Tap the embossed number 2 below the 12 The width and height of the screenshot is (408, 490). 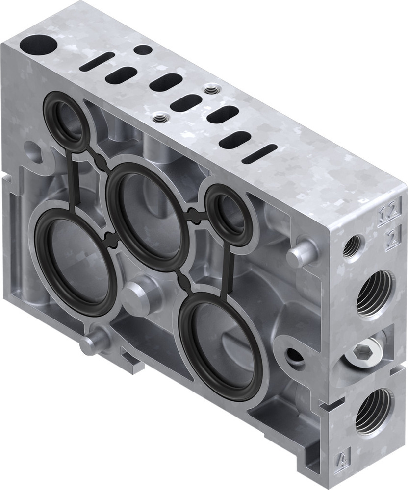[391, 239]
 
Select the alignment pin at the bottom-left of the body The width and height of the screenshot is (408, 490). [93, 342]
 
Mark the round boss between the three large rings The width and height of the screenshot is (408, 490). [137, 295]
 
